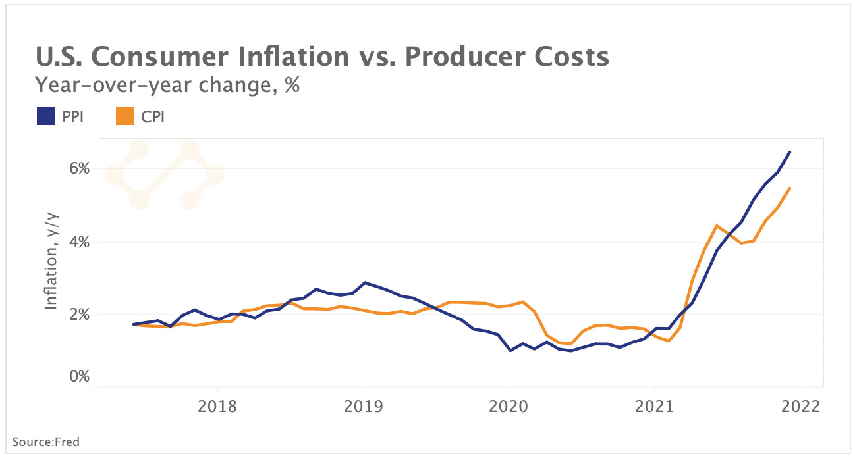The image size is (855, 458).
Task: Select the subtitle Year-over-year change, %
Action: click(167, 86)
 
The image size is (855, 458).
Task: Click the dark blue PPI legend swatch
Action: click(45, 116)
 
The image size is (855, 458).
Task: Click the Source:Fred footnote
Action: click(46, 442)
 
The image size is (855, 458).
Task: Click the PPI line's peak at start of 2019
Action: click(364, 282)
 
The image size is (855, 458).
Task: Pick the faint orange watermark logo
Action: click(164, 175)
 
